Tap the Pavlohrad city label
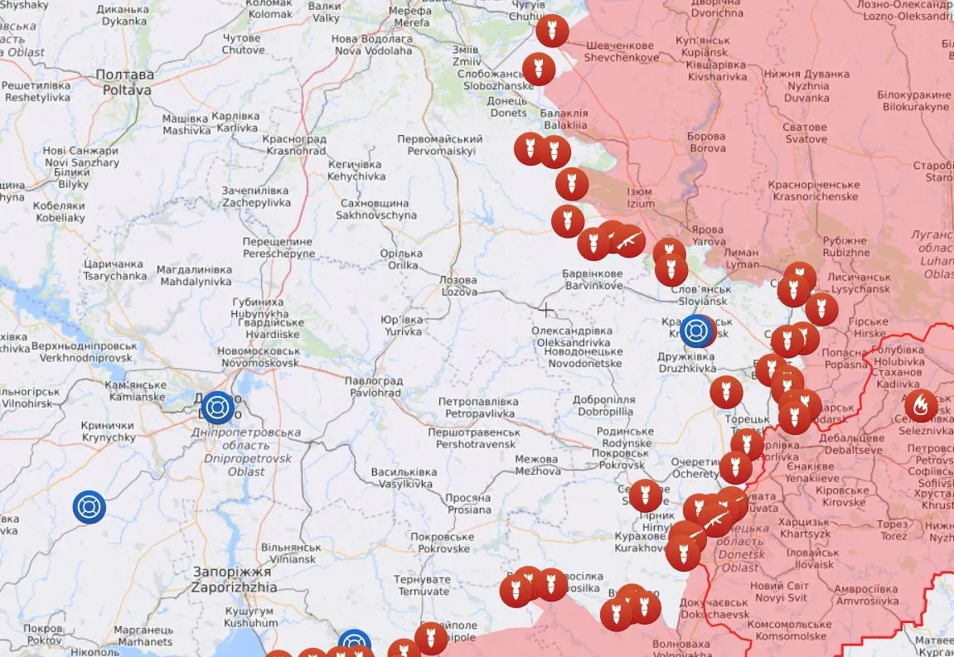[373, 386]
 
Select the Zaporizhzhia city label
[231, 579]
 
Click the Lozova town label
[458, 286]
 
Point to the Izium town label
[641, 197]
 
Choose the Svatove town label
[806, 133]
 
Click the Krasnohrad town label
[294, 146]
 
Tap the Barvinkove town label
[593, 279]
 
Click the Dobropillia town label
[603, 405]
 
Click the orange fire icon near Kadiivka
[920, 405]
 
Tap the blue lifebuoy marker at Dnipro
[217, 408]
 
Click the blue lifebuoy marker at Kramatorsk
[697, 331]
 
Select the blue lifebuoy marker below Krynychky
[89, 507]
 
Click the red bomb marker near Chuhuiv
[550, 31]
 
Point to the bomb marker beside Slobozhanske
[538, 69]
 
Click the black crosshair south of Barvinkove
[545, 310]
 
